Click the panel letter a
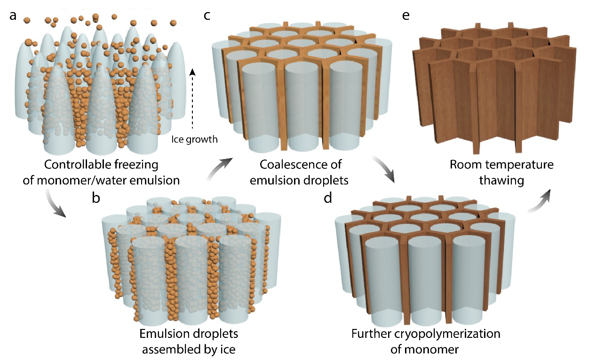click(x=13, y=16)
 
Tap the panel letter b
click(x=96, y=198)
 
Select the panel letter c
click(x=207, y=16)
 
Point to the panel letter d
click(x=328, y=198)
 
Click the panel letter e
click(x=405, y=16)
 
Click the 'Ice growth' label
click(x=194, y=139)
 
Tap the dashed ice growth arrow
click(x=192, y=99)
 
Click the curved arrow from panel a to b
click(x=54, y=203)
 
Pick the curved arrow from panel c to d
click(x=384, y=169)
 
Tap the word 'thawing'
click(x=501, y=181)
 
